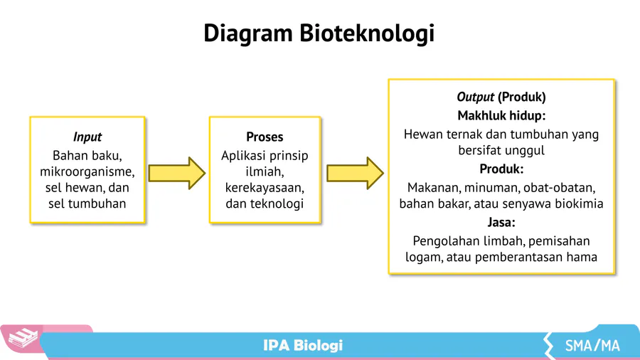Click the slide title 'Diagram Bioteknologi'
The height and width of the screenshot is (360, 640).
click(x=319, y=33)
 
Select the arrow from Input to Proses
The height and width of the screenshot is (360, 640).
click(x=176, y=173)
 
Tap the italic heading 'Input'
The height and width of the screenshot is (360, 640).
click(x=87, y=137)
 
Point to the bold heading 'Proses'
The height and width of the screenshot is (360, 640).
click(x=265, y=137)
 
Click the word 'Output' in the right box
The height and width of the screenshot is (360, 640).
click(x=475, y=97)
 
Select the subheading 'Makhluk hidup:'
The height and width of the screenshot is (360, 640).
click(x=501, y=115)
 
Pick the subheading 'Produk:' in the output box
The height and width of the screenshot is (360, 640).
click(x=501, y=169)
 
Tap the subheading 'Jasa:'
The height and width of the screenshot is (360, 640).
click(x=501, y=223)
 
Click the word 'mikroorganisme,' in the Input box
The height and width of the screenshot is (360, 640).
click(x=87, y=171)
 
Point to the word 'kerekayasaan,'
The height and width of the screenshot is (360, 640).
click(x=265, y=188)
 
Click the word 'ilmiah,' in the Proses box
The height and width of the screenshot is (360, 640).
click(x=265, y=171)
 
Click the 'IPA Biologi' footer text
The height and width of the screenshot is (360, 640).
click(x=303, y=346)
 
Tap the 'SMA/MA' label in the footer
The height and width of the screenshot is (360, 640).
click(x=592, y=346)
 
